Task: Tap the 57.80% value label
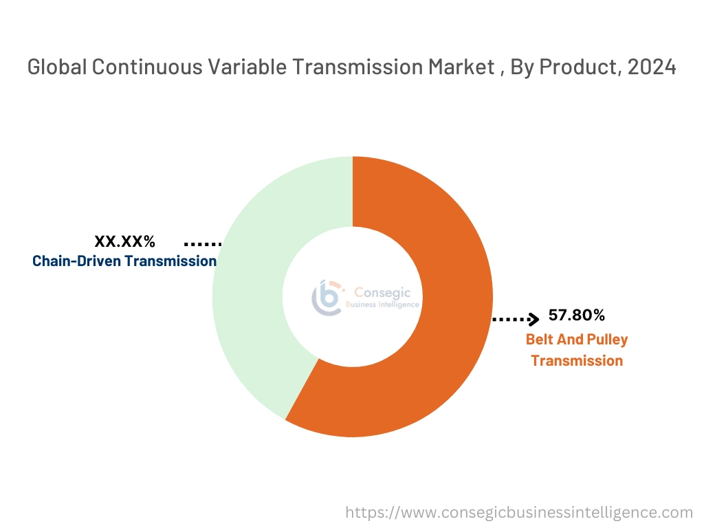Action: [x=576, y=316]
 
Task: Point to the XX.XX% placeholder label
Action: [x=124, y=241]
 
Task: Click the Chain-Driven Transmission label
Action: [x=124, y=261]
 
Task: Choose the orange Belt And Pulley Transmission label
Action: [x=577, y=350]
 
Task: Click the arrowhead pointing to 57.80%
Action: [x=533, y=319]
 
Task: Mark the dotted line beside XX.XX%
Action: [x=202, y=244]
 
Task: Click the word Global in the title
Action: [x=57, y=67]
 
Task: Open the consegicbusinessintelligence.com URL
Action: [x=519, y=512]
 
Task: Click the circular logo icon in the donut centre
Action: [x=327, y=297]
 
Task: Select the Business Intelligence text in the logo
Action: [x=382, y=304]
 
